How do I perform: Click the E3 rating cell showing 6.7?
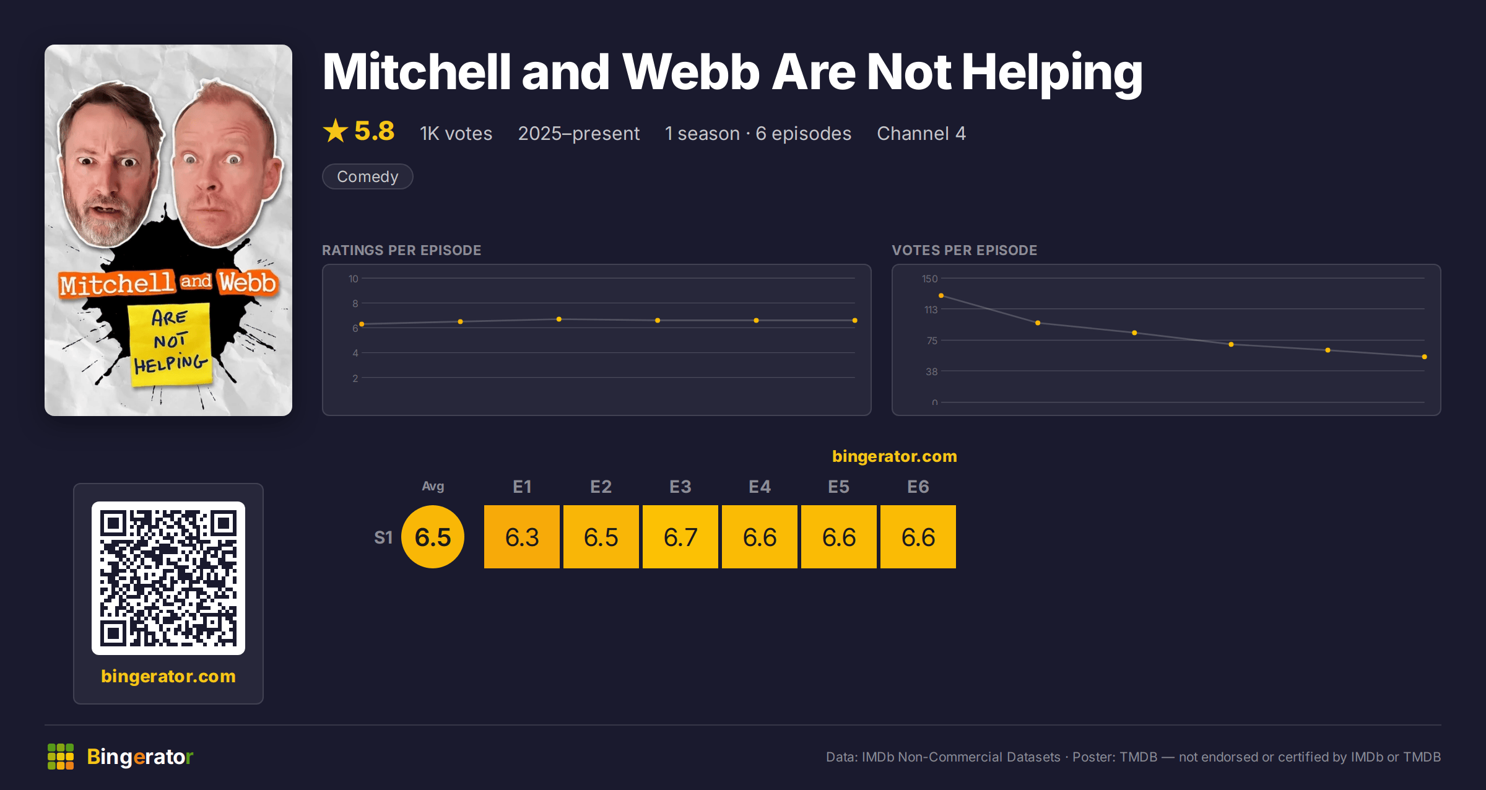(680, 537)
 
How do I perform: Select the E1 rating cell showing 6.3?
(521, 537)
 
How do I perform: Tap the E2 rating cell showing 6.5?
(601, 537)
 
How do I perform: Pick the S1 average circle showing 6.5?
(433, 537)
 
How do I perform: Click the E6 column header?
(918, 487)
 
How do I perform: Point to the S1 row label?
(383, 537)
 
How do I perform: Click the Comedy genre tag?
(367, 176)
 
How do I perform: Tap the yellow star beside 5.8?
(336, 131)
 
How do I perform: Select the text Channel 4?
(921, 133)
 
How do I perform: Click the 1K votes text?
(456, 133)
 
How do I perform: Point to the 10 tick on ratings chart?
(353, 279)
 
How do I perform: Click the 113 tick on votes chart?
(931, 310)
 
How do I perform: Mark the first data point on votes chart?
(941, 295)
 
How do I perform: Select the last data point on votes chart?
(1424, 357)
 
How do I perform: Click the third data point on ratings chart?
(558, 319)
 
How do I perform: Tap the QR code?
(168, 578)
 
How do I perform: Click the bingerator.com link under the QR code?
(168, 676)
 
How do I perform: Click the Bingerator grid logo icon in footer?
(61, 757)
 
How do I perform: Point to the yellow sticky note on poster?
(169, 344)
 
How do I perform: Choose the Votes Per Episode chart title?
(964, 250)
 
